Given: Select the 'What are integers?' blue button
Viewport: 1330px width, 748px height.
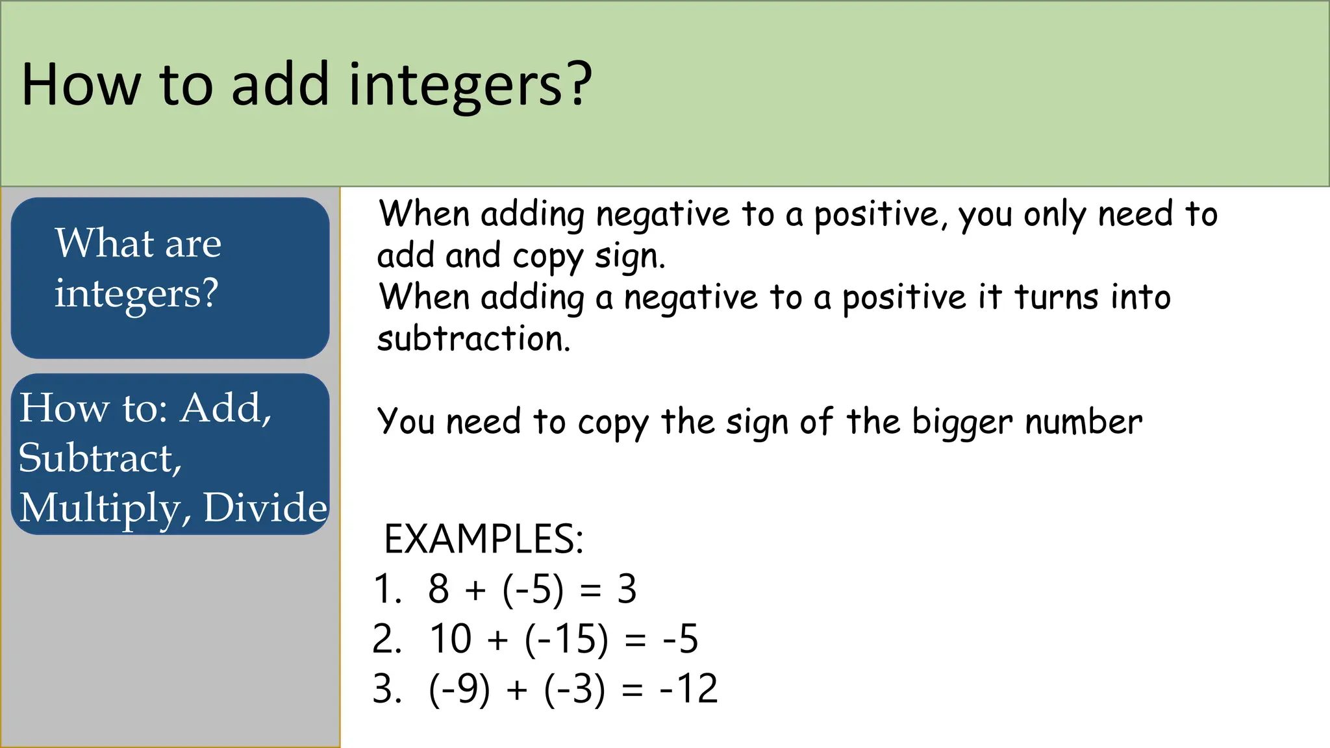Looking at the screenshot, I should [170, 278].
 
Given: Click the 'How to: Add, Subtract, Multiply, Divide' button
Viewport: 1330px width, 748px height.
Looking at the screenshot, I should [170, 455].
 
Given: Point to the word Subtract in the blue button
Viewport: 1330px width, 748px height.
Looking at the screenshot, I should [99, 458].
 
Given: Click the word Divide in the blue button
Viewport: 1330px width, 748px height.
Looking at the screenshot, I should [265, 508].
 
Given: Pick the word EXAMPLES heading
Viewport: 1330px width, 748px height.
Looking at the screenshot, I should [483, 539].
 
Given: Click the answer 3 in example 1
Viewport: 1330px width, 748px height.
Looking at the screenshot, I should [627, 590].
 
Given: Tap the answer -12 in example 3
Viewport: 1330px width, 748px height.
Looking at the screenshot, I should [689, 689].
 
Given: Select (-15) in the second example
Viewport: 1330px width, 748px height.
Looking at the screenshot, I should [566, 639].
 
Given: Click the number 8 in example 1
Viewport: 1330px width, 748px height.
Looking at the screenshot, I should [439, 590].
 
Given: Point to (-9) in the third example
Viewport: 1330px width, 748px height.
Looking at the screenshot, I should [459, 689].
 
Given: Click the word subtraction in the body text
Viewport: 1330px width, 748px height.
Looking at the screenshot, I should [473, 339].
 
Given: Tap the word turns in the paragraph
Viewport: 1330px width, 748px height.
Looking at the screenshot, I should [1057, 297].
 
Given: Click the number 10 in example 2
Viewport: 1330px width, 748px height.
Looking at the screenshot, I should [450, 639].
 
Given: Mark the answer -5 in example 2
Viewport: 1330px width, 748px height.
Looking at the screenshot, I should [680, 639].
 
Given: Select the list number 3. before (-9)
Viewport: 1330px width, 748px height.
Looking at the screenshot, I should [386, 689].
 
